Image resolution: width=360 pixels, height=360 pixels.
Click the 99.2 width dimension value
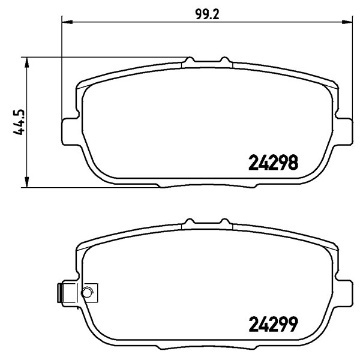pos(208,14)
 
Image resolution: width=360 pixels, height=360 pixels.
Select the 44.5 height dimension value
pos(19,122)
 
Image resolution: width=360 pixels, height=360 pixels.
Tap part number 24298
pos(273,162)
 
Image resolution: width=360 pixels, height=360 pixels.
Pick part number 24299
pos(273,324)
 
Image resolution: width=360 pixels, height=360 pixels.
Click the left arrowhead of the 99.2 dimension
pos(67,22)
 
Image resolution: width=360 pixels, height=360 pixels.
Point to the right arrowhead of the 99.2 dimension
pos(347,22)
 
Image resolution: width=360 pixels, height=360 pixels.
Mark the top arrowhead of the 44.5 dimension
pos(27,62)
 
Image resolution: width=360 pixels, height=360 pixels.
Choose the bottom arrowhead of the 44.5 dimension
pos(27,182)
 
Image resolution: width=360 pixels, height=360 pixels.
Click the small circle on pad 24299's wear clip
pos(87,293)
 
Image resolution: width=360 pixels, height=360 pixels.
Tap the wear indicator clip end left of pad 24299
pos(60,293)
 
